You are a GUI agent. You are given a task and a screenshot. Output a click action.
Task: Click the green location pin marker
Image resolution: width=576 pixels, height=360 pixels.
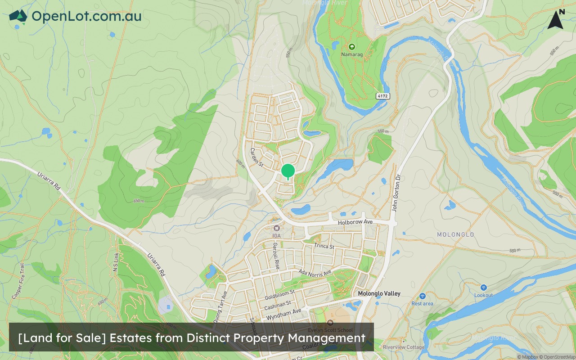pyautogui.click(x=288, y=171)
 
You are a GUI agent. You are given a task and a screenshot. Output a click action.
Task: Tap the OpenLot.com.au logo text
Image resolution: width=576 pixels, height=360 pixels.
pyautogui.click(x=86, y=16)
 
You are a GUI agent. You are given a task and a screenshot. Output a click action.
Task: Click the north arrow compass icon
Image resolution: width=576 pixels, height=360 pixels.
pyautogui.click(x=556, y=20)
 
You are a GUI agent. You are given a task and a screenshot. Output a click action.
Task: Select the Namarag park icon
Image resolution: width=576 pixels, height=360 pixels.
pyautogui.click(x=352, y=46)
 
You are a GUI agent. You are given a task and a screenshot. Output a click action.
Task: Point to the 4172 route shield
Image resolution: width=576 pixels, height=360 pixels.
pyautogui.click(x=382, y=96)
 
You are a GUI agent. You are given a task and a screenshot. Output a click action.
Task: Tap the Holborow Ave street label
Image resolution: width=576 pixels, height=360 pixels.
pyautogui.click(x=355, y=222)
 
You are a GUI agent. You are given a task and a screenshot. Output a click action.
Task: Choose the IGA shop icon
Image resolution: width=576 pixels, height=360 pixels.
pyautogui.click(x=276, y=228)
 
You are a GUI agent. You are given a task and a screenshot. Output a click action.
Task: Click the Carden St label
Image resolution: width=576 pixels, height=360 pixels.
pyautogui.click(x=256, y=156)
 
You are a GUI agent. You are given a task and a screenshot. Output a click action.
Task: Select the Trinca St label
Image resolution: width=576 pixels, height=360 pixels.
pyautogui.click(x=324, y=246)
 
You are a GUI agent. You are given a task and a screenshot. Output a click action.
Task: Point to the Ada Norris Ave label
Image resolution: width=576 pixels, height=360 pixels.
pyautogui.click(x=315, y=273)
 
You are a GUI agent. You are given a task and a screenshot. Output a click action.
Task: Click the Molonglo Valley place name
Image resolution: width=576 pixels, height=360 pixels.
pyautogui.click(x=379, y=293)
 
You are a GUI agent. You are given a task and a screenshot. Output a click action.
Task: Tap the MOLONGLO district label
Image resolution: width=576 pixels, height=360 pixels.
pyautogui.click(x=455, y=234)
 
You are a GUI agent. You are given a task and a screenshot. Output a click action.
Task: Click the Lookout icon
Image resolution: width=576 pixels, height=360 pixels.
pyautogui.click(x=483, y=287)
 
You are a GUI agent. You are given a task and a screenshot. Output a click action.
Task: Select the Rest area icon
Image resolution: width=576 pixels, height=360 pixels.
pyautogui.click(x=422, y=296)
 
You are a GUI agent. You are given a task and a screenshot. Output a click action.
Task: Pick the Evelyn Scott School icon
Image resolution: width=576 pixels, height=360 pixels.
pyautogui.click(x=331, y=322)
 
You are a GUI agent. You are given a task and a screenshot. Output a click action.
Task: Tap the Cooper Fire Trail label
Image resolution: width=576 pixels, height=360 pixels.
pyautogui.click(x=18, y=281)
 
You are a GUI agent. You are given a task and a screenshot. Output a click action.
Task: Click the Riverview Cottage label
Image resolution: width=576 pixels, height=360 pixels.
pyautogui.click(x=404, y=347)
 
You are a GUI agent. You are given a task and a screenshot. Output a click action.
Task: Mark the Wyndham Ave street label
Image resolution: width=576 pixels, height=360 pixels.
pyautogui.click(x=283, y=314)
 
